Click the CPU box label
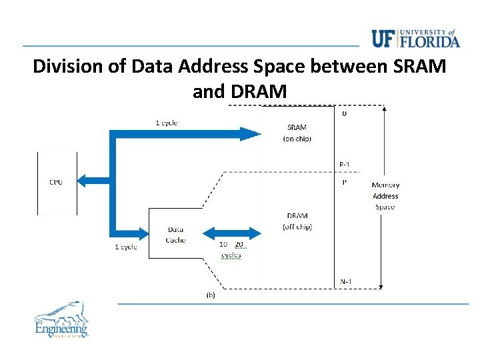pyautogui.click(x=56, y=182)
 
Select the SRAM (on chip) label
pyautogui.click(x=297, y=133)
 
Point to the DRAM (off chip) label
pyautogui.click(x=297, y=221)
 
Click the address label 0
pyautogui.click(x=344, y=114)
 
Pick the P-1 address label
pyautogui.click(x=345, y=164)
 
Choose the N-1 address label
pyautogui.click(x=345, y=281)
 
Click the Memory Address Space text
pyautogui.click(x=385, y=195)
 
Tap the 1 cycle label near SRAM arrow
pyautogui.click(x=166, y=123)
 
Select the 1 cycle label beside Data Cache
pyautogui.click(x=126, y=247)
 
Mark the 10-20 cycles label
pyautogui.click(x=231, y=249)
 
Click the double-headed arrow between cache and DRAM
pyautogui.click(x=230, y=233)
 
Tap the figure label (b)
pyautogui.click(x=211, y=294)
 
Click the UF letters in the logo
pyautogui.click(x=384, y=39)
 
